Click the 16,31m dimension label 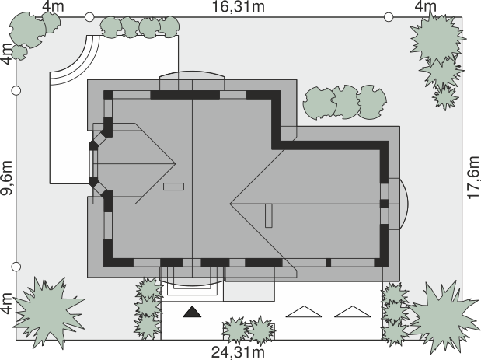point(239,7)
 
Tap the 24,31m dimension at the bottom point(238,352)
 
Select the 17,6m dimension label point(473,177)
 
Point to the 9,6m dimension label point(7,177)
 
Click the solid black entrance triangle point(193,312)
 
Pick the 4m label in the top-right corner point(426,7)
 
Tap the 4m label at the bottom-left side point(7,303)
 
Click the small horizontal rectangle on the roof point(173,187)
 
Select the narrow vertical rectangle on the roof point(268,215)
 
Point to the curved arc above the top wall point(193,72)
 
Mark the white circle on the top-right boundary point(389,17)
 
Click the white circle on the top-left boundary point(89,17)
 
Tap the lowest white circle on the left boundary point(16,267)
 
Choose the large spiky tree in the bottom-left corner point(48,313)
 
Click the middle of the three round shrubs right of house point(346,102)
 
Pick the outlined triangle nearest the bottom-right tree point(353,312)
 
